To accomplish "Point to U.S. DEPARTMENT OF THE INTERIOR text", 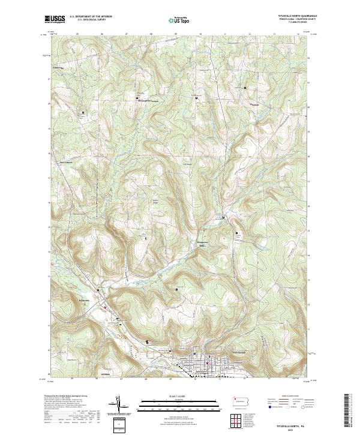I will [x=91, y=17].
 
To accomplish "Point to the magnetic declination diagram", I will [x=120, y=405].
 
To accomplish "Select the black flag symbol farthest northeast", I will [x=245, y=88].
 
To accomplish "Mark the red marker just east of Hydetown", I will [x=106, y=307].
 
